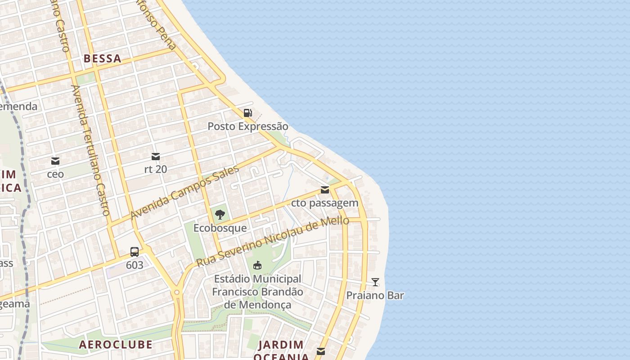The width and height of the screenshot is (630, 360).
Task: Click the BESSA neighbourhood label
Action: click(102, 58)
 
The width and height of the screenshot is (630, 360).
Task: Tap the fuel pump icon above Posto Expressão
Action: click(247, 113)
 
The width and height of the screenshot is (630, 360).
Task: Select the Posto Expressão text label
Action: click(247, 126)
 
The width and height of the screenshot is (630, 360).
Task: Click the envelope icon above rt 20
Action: click(156, 157)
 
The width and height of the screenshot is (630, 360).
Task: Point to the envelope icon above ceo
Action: click(55, 161)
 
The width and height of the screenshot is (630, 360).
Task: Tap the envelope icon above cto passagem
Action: click(325, 190)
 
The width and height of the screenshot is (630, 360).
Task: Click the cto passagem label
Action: click(325, 203)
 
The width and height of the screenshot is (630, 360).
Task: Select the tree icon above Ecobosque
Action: click(220, 215)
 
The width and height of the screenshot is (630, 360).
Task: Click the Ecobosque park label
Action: click(220, 228)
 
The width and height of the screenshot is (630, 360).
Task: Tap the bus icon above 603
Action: click(135, 252)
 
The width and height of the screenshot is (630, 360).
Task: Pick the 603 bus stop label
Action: click(135, 265)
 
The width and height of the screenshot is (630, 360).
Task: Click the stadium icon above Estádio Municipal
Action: click(257, 265)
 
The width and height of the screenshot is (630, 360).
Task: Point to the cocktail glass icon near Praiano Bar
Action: click(375, 282)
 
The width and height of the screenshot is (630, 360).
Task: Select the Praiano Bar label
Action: click(375, 296)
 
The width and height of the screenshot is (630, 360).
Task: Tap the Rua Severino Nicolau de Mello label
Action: click(273, 242)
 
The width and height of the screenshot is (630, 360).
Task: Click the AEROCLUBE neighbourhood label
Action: click(116, 345)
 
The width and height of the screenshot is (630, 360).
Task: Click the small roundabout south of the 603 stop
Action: click(177, 292)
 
